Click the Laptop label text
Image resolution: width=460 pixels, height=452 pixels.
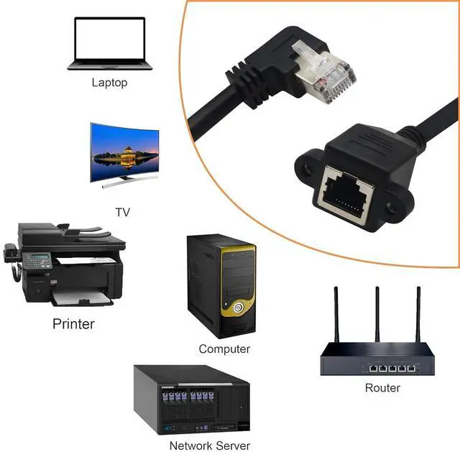click(109, 83)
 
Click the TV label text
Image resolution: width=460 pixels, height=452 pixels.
click(122, 212)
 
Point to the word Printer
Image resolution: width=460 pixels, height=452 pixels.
click(73, 324)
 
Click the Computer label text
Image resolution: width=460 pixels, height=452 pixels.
click(224, 349)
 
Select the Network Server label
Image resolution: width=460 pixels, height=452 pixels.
click(210, 446)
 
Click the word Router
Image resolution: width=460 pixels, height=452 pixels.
click(382, 388)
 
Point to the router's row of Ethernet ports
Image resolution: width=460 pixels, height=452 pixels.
click(392, 368)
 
